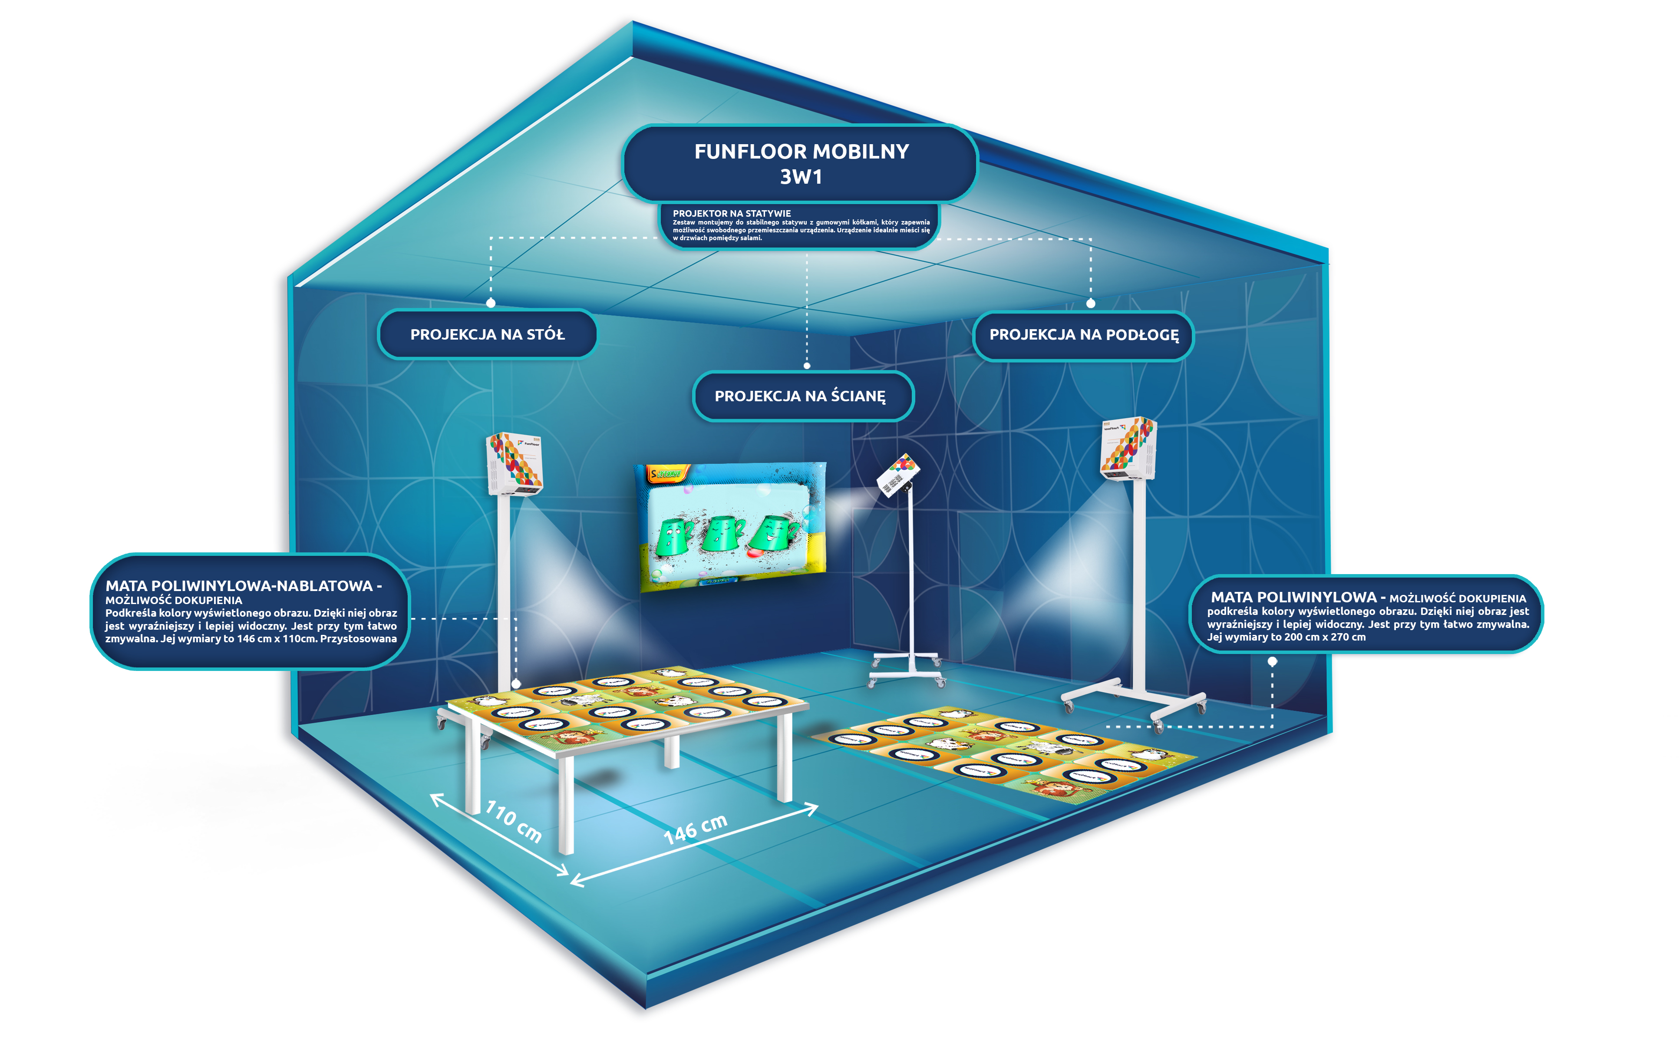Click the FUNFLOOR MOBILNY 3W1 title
(x=801, y=163)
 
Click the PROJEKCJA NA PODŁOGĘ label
(x=1084, y=335)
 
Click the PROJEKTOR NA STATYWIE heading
(x=732, y=213)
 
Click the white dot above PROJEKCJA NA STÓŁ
(x=491, y=303)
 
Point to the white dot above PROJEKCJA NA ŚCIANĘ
(x=807, y=365)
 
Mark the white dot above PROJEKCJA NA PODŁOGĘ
(x=1091, y=303)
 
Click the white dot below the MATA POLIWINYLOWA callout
(x=1273, y=662)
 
